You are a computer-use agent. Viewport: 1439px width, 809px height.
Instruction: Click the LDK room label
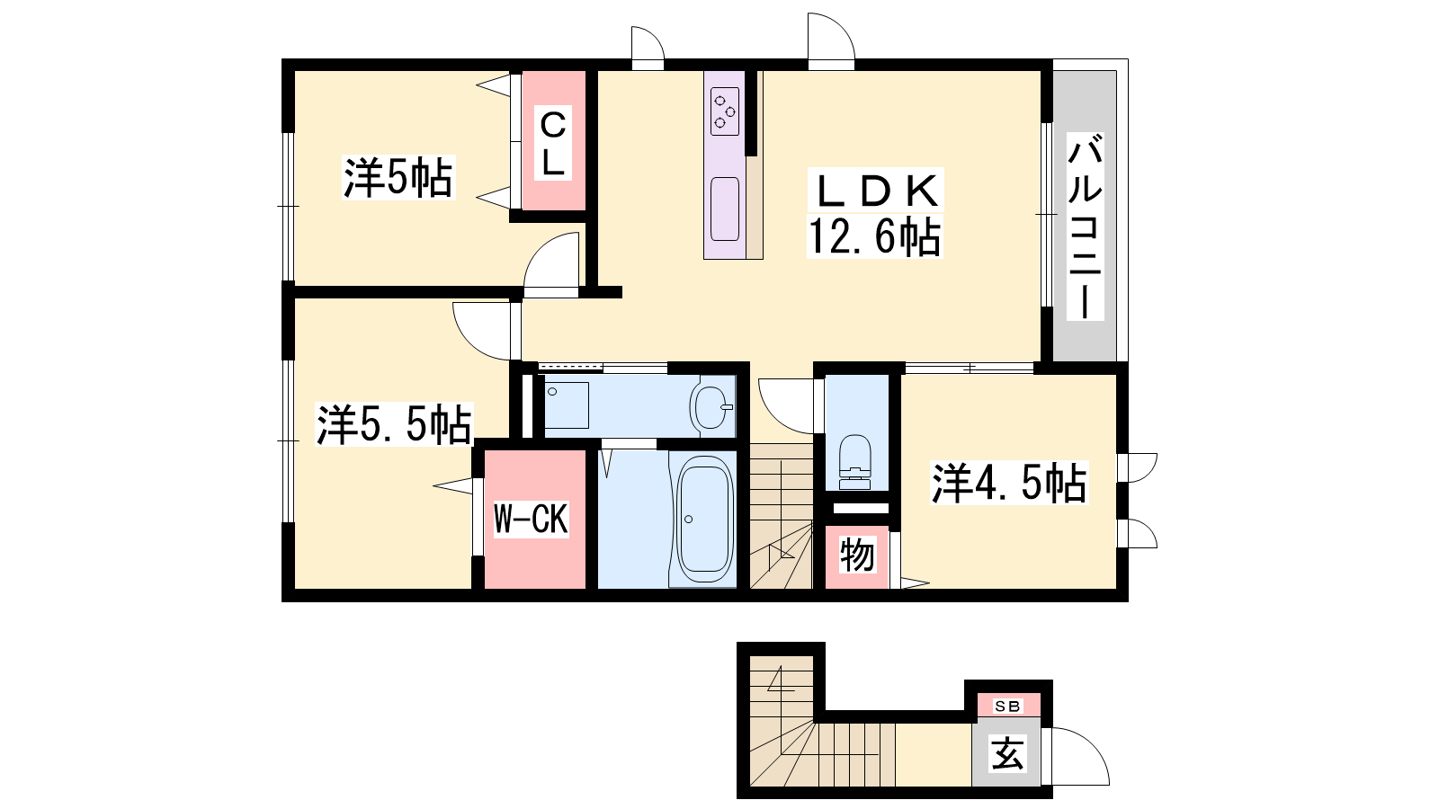point(874,191)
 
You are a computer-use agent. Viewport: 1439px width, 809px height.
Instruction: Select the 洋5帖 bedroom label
point(398,177)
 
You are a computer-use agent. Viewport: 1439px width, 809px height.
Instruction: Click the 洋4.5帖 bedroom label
point(1009,483)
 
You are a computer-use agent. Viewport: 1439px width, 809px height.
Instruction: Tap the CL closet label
point(552,144)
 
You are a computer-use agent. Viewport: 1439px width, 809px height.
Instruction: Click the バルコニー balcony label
point(1085,227)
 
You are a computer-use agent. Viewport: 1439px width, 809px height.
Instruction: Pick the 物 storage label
point(857,556)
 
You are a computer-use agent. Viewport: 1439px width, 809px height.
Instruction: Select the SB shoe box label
point(1007,707)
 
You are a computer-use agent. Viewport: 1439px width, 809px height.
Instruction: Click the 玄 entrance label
point(1006,752)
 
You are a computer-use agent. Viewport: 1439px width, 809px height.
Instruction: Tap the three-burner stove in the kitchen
point(725,111)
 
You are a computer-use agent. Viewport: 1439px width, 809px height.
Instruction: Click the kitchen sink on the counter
point(725,209)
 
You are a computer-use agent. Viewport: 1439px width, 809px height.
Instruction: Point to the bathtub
point(705,519)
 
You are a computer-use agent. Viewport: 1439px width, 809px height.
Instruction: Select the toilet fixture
point(854,462)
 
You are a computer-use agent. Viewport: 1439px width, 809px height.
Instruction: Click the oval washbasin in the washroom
point(711,407)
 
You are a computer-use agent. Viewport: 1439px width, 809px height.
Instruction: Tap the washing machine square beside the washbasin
point(567,405)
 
